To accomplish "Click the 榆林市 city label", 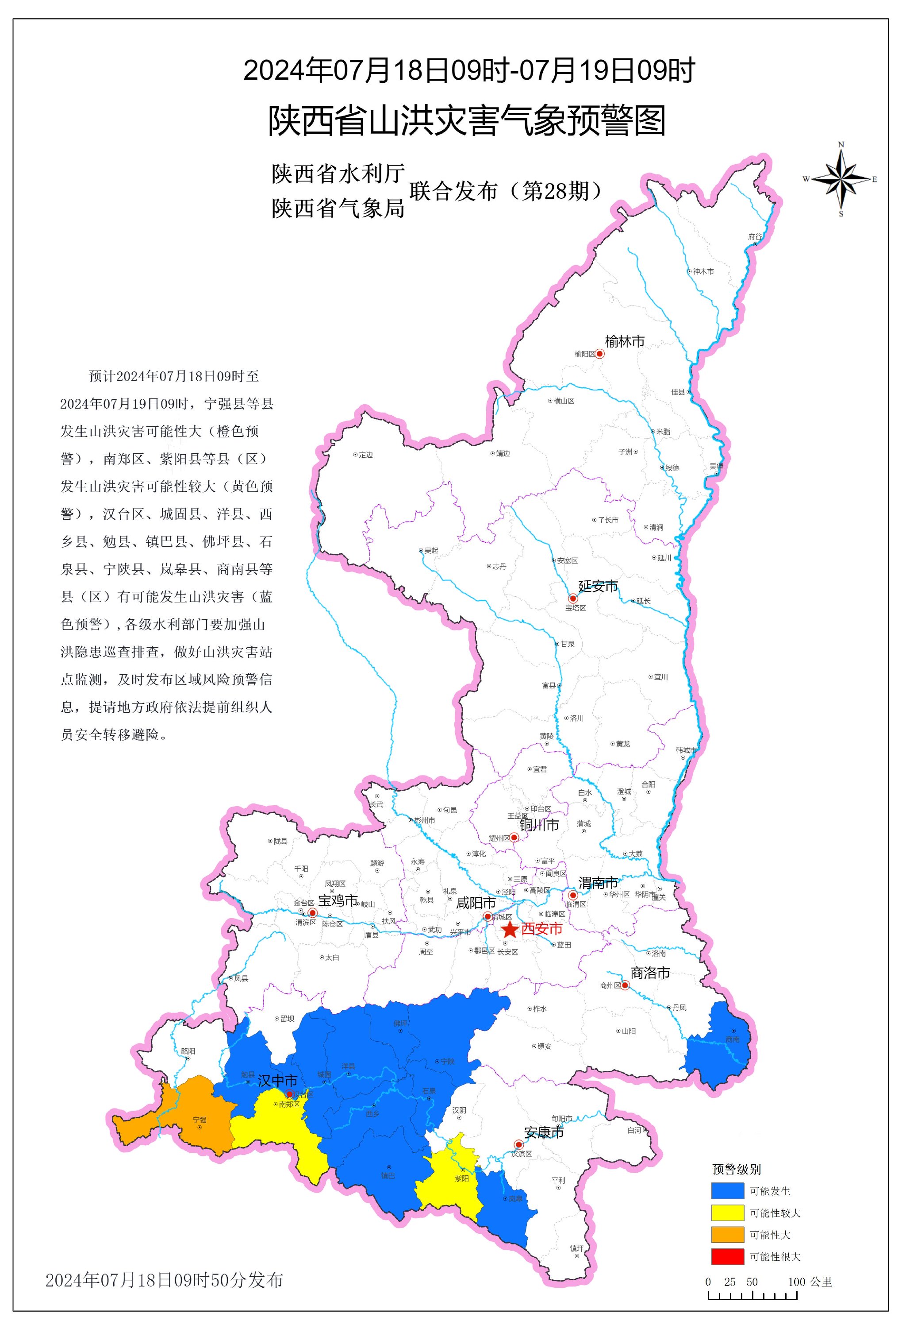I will (x=625, y=341).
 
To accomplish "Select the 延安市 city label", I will (x=598, y=586).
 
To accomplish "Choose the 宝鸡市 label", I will (x=338, y=901).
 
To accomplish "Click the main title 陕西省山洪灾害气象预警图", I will (x=467, y=121).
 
